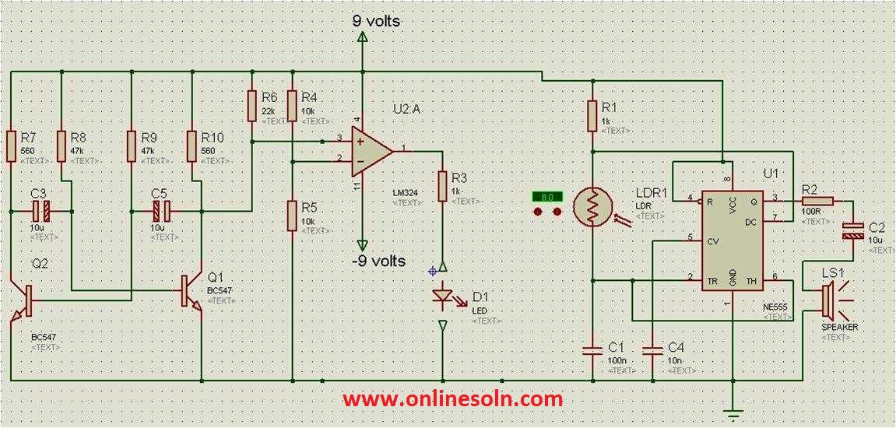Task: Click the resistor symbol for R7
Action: click(12, 146)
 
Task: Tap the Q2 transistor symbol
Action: click(23, 300)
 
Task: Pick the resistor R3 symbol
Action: click(441, 186)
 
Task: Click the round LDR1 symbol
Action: click(592, 208)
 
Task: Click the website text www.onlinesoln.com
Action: click(452, 399)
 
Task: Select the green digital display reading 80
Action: click(546, 197)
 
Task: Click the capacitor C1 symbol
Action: click(592, 347)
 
